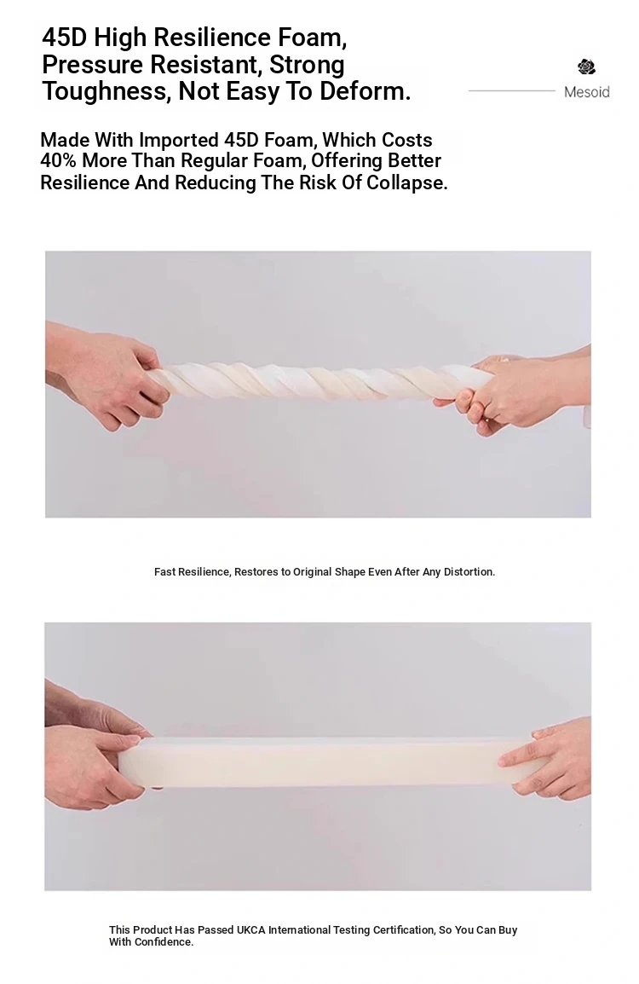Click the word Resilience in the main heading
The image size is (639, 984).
pos(212,38)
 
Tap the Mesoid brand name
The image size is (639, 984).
pos(586,92)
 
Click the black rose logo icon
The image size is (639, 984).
pos(586,67)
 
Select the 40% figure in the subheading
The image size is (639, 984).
pos(58,160)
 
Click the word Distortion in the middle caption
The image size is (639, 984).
pos(469,571)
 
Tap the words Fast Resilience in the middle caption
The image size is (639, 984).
pos(193,571)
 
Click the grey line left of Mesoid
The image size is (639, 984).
pos(512,91)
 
